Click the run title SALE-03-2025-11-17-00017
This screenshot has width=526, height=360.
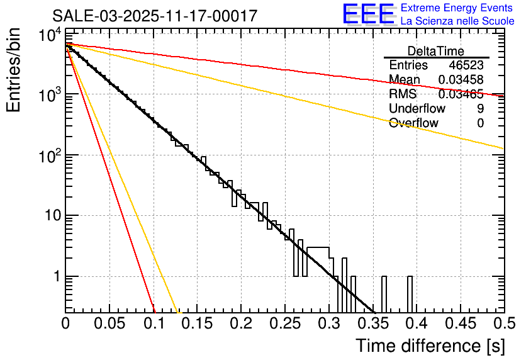pyautogui.click(x=155, y=16)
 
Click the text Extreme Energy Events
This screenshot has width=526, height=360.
pyautogui.click(x=457, y=8)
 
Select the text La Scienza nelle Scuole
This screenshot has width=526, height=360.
pyautogui.click(x=457, y=21)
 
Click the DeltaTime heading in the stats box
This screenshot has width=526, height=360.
pyautogui.click(x=435, y=51)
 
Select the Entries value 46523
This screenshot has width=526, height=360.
pyautogui.click(x=466, y=65)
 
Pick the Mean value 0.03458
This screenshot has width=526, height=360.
pyautogui.click(x=461, y=80)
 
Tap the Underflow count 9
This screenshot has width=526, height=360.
pyautogui.click(x=480, y=109)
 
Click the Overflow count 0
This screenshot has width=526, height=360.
pyautogui.click(x=480, y=123)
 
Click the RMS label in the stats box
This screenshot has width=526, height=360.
pyautogui.click(x=403, y=94)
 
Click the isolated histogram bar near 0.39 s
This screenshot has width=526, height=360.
pyautogui.click(x=410, y=293)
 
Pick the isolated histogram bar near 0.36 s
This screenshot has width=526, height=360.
pyautogui.click(x=384, y=293)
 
